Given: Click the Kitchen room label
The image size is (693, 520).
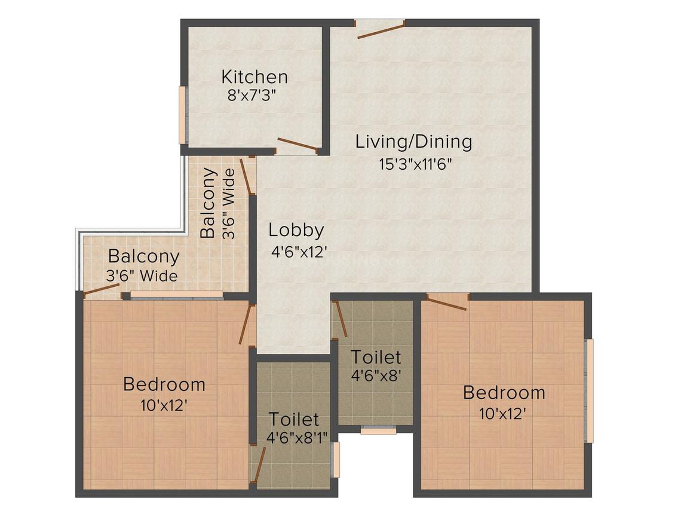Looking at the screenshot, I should [254, 77].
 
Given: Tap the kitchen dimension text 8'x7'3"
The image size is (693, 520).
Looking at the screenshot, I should [252, 96].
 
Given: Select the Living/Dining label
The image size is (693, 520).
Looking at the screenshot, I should [413, 142].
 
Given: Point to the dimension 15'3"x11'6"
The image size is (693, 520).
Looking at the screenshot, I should [415, 164].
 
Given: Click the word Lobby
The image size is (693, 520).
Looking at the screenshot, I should [296, 230].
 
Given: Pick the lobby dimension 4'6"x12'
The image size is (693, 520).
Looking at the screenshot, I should [299, 252].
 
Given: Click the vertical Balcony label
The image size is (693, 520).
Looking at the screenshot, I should [208, 203].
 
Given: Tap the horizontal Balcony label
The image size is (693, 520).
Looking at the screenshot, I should [143, 256].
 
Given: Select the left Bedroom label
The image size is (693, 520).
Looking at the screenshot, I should [164, 384].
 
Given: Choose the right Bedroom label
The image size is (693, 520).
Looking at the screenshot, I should [504, 393].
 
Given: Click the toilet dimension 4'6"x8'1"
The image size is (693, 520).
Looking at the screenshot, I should [297, 438].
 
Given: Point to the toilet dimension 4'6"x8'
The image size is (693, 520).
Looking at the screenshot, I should [375, 377].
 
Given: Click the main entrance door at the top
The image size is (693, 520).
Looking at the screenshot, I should [381, 29].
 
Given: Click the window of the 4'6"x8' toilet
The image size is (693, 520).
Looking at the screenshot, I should [378, 429].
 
